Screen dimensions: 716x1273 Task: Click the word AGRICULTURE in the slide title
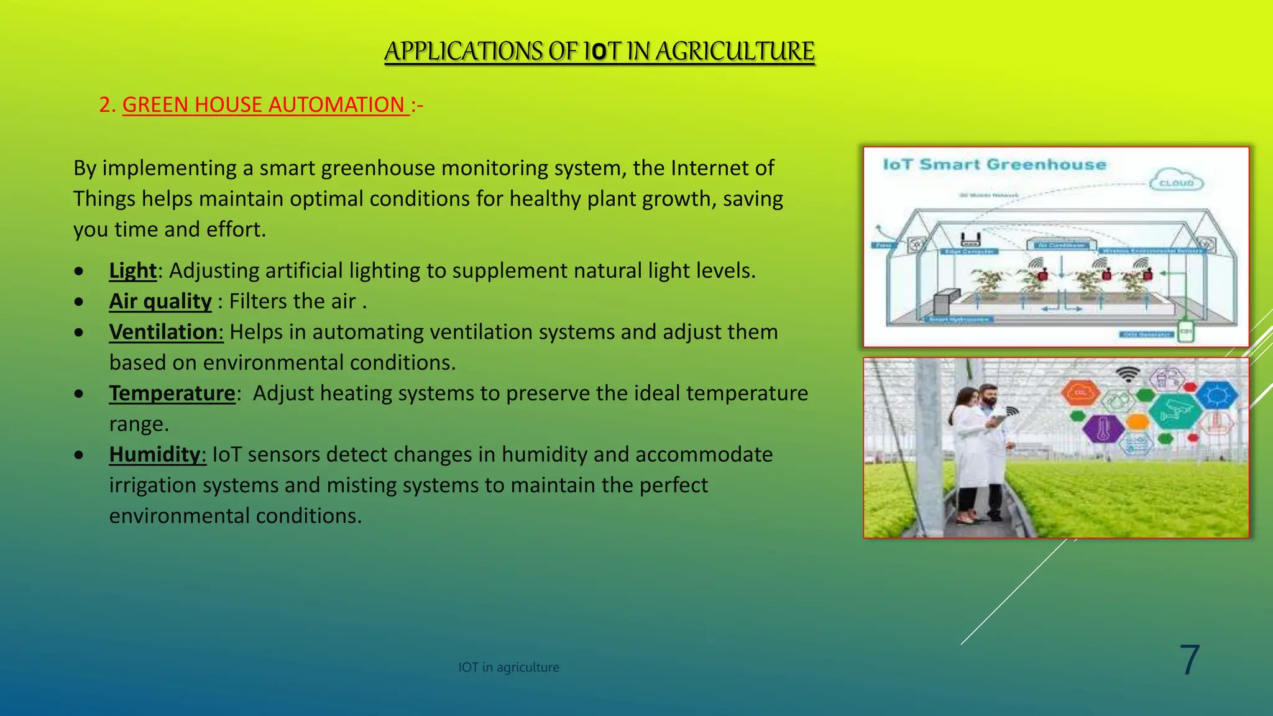(x=735, y=51)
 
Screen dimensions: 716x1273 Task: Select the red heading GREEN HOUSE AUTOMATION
(x=264, y=104)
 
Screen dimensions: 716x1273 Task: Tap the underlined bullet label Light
(x=133, y=270)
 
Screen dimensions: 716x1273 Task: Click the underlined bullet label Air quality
(x=160, y=301)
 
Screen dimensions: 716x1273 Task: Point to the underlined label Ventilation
(x=165, y=332)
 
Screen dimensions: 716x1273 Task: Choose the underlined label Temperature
(x=172, y=393)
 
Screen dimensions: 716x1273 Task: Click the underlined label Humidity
(x=157, y=454)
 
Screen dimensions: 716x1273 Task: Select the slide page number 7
(x=1189, y=660)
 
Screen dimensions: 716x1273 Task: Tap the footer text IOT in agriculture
(x=508, y=667)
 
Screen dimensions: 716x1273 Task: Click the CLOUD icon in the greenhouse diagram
(x=1176, y=180)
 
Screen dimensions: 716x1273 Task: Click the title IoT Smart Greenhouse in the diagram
(x=995, y=165)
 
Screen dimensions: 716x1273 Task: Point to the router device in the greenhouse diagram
(x=970, y=239)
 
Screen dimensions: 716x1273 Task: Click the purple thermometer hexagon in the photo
(x=1103, y=429)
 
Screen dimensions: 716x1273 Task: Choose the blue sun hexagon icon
(x=1216, y=395)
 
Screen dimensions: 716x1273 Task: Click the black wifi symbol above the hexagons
(x=1127, y=375)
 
